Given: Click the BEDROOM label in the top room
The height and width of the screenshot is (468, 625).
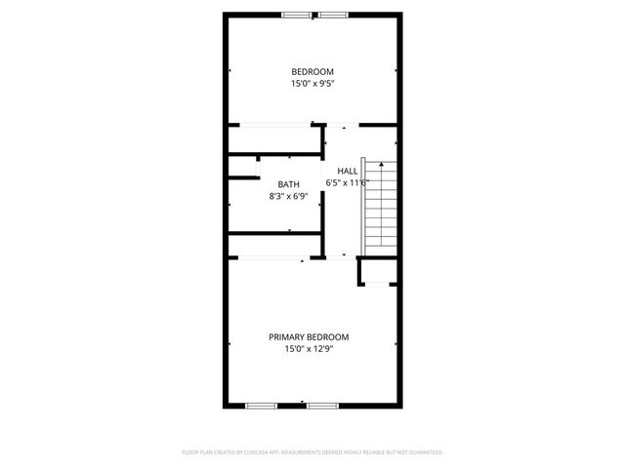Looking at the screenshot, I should pos(312,71).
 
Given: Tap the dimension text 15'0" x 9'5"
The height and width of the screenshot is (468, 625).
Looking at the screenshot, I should pos(312,84).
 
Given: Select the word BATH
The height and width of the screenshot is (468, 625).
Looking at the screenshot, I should pos(289,184).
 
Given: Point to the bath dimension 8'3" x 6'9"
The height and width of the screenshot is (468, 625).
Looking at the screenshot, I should pos(289,196).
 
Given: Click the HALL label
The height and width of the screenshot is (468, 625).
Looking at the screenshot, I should pos(347,171).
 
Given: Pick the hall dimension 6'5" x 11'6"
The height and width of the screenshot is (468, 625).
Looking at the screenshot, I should pos(347,182).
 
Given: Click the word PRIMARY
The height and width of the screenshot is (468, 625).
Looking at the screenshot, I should pos(289,336).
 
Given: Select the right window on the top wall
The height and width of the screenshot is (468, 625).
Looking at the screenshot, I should pos(332,15).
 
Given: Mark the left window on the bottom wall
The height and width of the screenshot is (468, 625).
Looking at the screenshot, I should pos(261,405).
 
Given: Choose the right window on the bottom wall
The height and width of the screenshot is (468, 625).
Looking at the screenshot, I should pos(322,405).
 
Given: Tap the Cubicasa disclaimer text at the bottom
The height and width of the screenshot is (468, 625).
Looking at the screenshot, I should pos(312,452).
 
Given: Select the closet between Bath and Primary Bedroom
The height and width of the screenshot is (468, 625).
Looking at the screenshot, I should pos(275,246).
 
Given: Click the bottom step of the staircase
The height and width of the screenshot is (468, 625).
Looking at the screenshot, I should pos(380,247).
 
